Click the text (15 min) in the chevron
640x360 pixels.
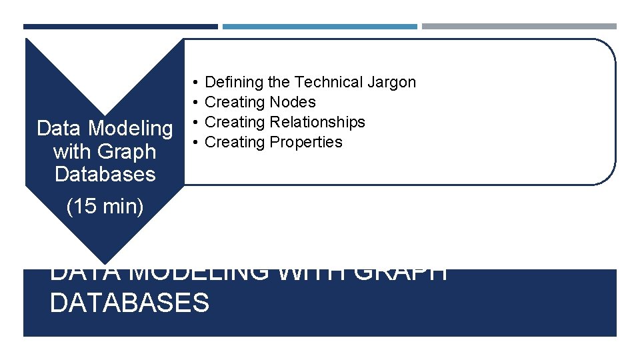point(105,207)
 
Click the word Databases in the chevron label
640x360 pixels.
point(105,174)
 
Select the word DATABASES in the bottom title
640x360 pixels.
point(129,303)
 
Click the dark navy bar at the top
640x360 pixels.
point(120,27)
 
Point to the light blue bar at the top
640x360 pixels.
point(319,27)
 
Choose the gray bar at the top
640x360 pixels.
point(519,27)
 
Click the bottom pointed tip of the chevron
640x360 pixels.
point(105,261)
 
